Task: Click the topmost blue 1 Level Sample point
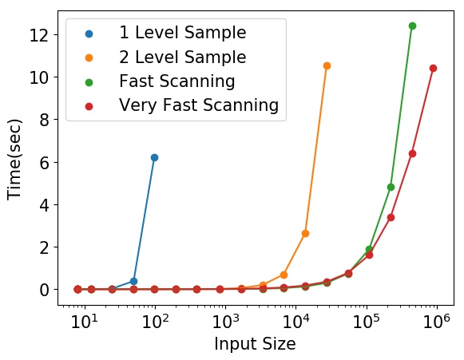(x=154, y=158)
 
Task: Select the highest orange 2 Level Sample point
(x=327, y=66)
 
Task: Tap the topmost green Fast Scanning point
(x=412, y=26)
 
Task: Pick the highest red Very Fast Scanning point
(x=433, y=69)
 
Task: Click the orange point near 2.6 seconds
(x=305, y=233)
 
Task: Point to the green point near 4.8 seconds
(x=391, y=187)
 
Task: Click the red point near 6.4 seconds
(x=412, y=153)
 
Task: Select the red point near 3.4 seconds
(x=391, y=217)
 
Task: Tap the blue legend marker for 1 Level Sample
(x=89, y=34)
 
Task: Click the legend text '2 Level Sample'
(x=183, y=57)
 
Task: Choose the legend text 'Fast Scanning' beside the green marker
(x=177, y=81)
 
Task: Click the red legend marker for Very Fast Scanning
(x=89, y=106)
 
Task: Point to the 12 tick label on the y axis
(x=39, y=35)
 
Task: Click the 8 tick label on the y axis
(x=44, y=120)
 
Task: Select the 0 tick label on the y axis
(x=44, y=290)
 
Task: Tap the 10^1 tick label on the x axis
(x=84, y=321)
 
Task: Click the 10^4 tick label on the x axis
(x=295, y=321)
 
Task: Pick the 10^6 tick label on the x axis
(x=437, y=321)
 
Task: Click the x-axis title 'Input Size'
(x=255, y=344)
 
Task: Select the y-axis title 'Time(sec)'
(x=15, y=160)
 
